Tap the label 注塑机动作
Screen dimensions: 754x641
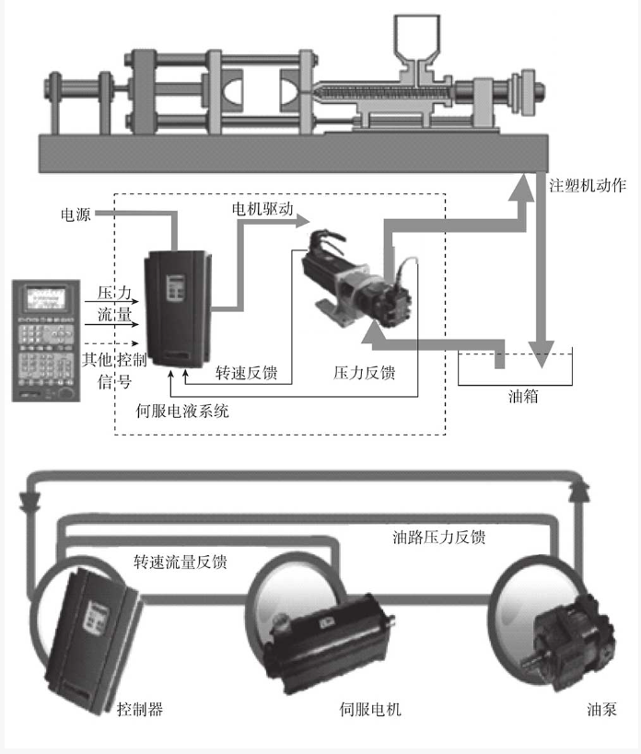pyautogui.click(x=587, y=186)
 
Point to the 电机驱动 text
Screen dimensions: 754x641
pyautogui.click(x=262, y=208)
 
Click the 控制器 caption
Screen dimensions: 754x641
pyautogui.click(x=140, y=710)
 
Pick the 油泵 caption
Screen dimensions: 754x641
pyautogui.click(x=601, y=710)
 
